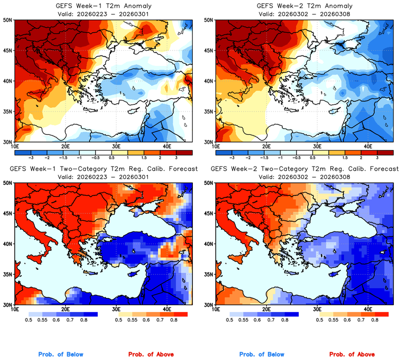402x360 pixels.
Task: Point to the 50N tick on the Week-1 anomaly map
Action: tap(8, 20)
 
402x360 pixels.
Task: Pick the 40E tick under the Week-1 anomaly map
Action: tap(166, 146)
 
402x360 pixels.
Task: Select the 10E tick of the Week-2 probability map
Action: tap(216, 309)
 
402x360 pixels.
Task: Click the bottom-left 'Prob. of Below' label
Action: tap(60, 355)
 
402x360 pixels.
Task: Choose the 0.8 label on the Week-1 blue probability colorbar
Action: tap(84, 320)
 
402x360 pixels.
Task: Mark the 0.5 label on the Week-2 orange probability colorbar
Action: tap(321, 320)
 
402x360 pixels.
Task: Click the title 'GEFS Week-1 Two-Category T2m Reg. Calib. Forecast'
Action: tap(103, 169)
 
